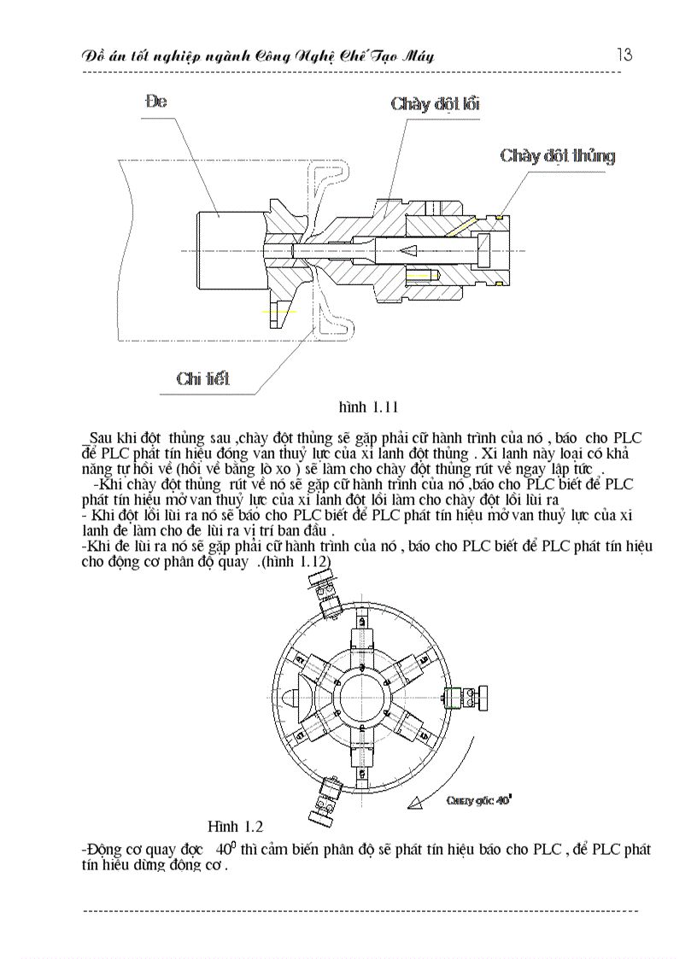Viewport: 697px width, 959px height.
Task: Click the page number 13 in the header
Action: click(624, 55)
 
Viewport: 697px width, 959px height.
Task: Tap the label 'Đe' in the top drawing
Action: click(156, 101)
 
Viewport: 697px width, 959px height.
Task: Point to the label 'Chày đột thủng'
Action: click(557, 155)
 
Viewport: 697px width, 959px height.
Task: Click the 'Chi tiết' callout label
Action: click(202, 378)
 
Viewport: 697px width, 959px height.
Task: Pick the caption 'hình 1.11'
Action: click(369, 406)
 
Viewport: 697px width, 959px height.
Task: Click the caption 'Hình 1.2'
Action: click(235, 826)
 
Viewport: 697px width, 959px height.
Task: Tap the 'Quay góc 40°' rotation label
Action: click(479, 801)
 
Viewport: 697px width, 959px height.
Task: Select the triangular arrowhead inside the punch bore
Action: click(408, 249)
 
